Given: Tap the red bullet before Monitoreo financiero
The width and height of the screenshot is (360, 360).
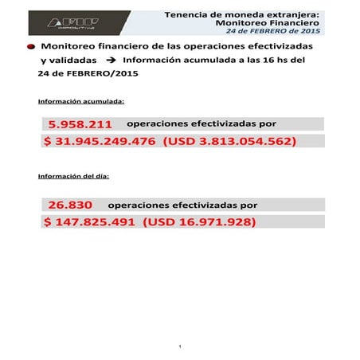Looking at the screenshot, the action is [30, 48].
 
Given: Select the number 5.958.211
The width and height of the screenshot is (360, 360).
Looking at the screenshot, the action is [80, 125].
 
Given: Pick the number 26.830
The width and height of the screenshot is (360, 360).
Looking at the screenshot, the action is [70, 205].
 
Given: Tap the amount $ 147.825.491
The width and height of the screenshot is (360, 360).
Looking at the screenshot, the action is [90, 221].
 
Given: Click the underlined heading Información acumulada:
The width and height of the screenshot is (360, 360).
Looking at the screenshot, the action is [80, 102].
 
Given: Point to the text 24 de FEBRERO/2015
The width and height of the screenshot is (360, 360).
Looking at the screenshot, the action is [76, 74].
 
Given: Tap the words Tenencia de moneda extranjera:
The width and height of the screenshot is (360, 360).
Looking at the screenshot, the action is [242, 14].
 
